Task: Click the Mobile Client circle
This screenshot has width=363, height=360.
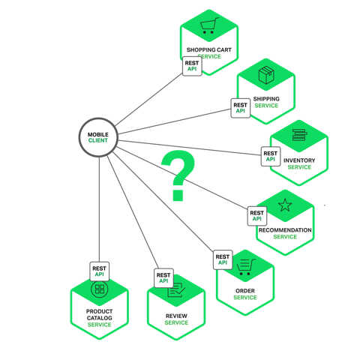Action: tap(98, 137)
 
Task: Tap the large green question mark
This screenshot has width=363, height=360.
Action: tap(178, 176)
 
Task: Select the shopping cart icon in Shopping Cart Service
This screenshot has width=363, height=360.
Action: tap(209, 27)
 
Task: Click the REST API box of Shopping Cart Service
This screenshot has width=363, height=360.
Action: tap(193, 65)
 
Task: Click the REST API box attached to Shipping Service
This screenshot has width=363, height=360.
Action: tap(240, 107)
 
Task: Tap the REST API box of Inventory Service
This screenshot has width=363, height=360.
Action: tap(270, 157)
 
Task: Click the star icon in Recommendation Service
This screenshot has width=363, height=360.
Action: tap(285, 205)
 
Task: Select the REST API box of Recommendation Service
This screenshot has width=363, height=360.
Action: tap(257, 216)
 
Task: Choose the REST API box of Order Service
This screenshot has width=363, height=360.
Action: tap(223, 259)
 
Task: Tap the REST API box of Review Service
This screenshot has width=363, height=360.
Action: tap(163, 278)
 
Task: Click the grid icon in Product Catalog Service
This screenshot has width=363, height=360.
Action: tap(99, 289)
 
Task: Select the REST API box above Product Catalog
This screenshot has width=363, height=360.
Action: tap(99, 271)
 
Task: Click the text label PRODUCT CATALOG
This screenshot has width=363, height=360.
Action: tap(99, 315)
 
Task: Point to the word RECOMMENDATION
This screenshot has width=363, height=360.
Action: tap(285, 230)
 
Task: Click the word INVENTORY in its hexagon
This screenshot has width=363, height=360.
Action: tap(299, 160)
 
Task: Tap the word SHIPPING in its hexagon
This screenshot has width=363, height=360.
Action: tap(266, 99)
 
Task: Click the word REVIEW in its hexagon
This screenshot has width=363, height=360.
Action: tap(176, 316)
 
